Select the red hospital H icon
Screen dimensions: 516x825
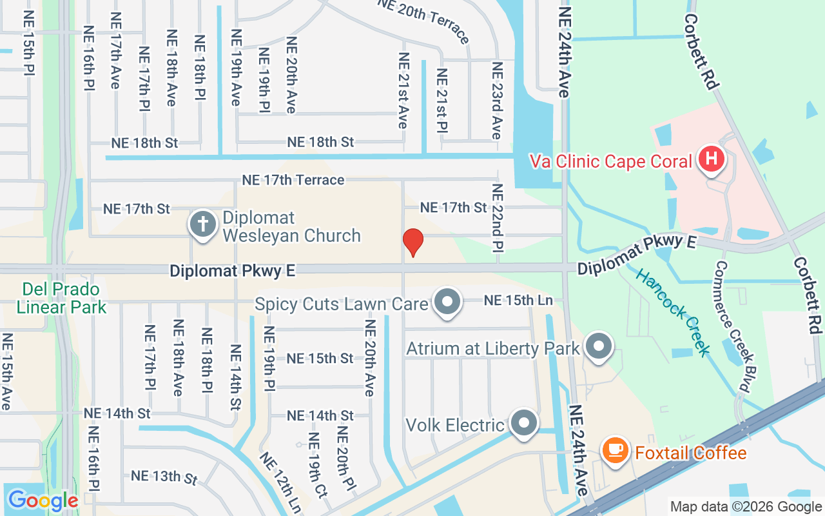pos(712,158)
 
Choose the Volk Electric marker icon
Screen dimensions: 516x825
pos(523,422)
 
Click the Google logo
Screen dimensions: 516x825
pos(43,500)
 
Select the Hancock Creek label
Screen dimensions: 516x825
pos(673,312)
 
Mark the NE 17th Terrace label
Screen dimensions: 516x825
pos(293,180)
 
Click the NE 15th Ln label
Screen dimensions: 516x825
pos(518,301)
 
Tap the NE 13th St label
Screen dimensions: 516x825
pos(164,477)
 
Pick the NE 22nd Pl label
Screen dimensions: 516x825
pos(497,218)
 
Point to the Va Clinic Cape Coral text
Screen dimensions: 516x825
pos(610,161)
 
